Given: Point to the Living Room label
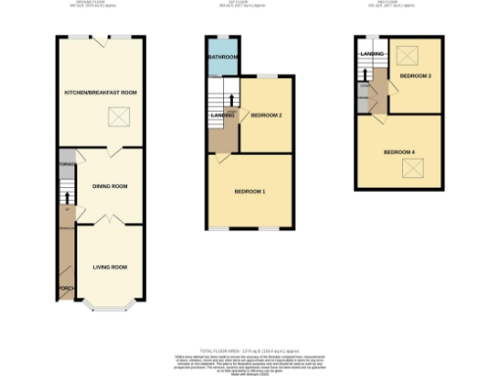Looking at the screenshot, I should pos(110,266).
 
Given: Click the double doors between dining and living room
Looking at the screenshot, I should pos(111,221).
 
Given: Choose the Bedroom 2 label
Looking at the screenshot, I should pos(266,116).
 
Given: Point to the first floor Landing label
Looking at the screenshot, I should pos(222,117).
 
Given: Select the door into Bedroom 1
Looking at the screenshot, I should pos(224,158).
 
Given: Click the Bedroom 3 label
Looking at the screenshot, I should pos(416,75).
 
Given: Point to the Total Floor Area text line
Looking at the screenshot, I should pos(250,350).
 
